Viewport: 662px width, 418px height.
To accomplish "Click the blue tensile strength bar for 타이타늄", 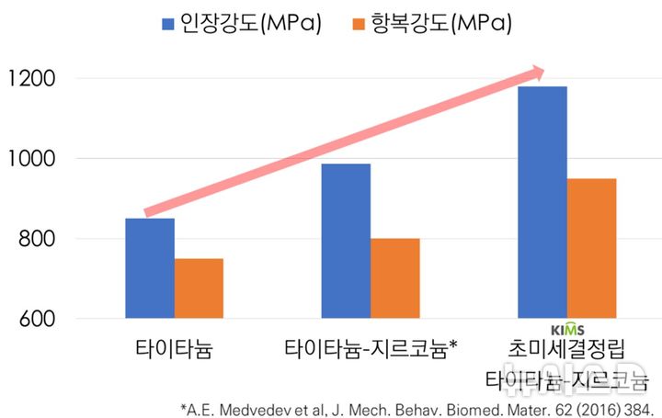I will pos(150,268).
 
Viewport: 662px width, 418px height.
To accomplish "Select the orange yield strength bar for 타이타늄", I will pos(199,288).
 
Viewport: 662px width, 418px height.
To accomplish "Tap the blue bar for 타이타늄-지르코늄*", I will pos(346,241).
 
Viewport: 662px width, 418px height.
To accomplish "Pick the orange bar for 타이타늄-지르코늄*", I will pos(395,278).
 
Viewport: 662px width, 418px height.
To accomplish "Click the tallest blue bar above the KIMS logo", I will pos(542,202).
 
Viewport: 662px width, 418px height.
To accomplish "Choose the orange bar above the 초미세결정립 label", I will pos(591,248).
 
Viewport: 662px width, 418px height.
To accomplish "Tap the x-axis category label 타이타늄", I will pos(173,350).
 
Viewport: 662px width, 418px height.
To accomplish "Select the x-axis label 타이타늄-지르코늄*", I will pos(371,350).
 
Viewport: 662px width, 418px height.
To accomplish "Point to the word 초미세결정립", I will pos(567,350).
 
